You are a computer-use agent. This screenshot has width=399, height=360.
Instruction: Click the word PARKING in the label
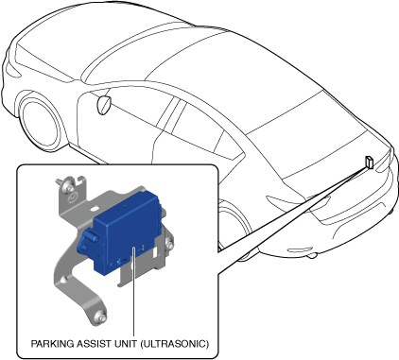(x=52, y=343)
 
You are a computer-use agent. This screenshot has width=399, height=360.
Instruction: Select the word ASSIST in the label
(x=91, y=343)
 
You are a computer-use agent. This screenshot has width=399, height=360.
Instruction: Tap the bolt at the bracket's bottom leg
(x=99, y=316)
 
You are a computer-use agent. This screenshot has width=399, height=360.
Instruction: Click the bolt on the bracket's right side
(x=168, y=243)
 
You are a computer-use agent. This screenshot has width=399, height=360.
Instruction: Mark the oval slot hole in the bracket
(x=95, y=208)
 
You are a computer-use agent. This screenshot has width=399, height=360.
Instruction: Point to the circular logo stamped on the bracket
(x=73, y=198)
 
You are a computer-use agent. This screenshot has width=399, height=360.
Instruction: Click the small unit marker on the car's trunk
(x=369, y=163)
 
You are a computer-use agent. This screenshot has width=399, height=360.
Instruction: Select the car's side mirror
(x=104, y=105)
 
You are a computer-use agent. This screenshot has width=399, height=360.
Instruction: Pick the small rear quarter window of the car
(x=229, y=146)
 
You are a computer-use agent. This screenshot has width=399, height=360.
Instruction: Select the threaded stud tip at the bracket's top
(x=58, y=181)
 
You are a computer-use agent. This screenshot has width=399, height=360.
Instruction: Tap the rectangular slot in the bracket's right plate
(x=155, y=252)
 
